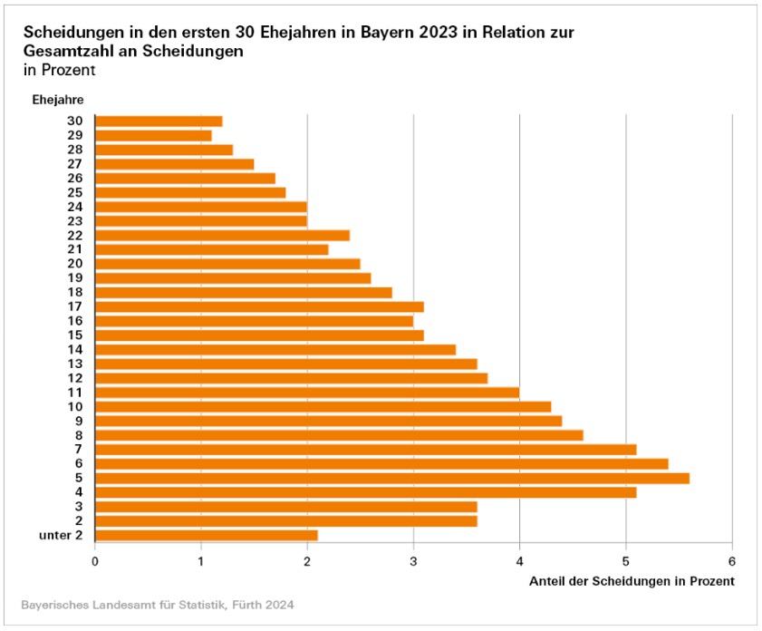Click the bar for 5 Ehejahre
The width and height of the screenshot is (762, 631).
[391, 478]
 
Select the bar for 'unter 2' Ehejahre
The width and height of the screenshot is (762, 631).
[206, 535]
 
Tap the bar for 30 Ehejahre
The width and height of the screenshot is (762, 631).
[159, 121]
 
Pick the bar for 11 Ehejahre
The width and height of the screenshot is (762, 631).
[306, 393]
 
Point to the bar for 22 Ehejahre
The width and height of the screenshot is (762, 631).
[222, 236]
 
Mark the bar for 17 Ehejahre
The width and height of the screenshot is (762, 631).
[259, 306]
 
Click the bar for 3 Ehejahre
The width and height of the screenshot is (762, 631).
[285, 506]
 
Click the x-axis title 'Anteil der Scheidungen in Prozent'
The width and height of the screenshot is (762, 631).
[631, 580]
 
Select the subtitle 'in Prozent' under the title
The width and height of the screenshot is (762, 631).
[59, 70]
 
